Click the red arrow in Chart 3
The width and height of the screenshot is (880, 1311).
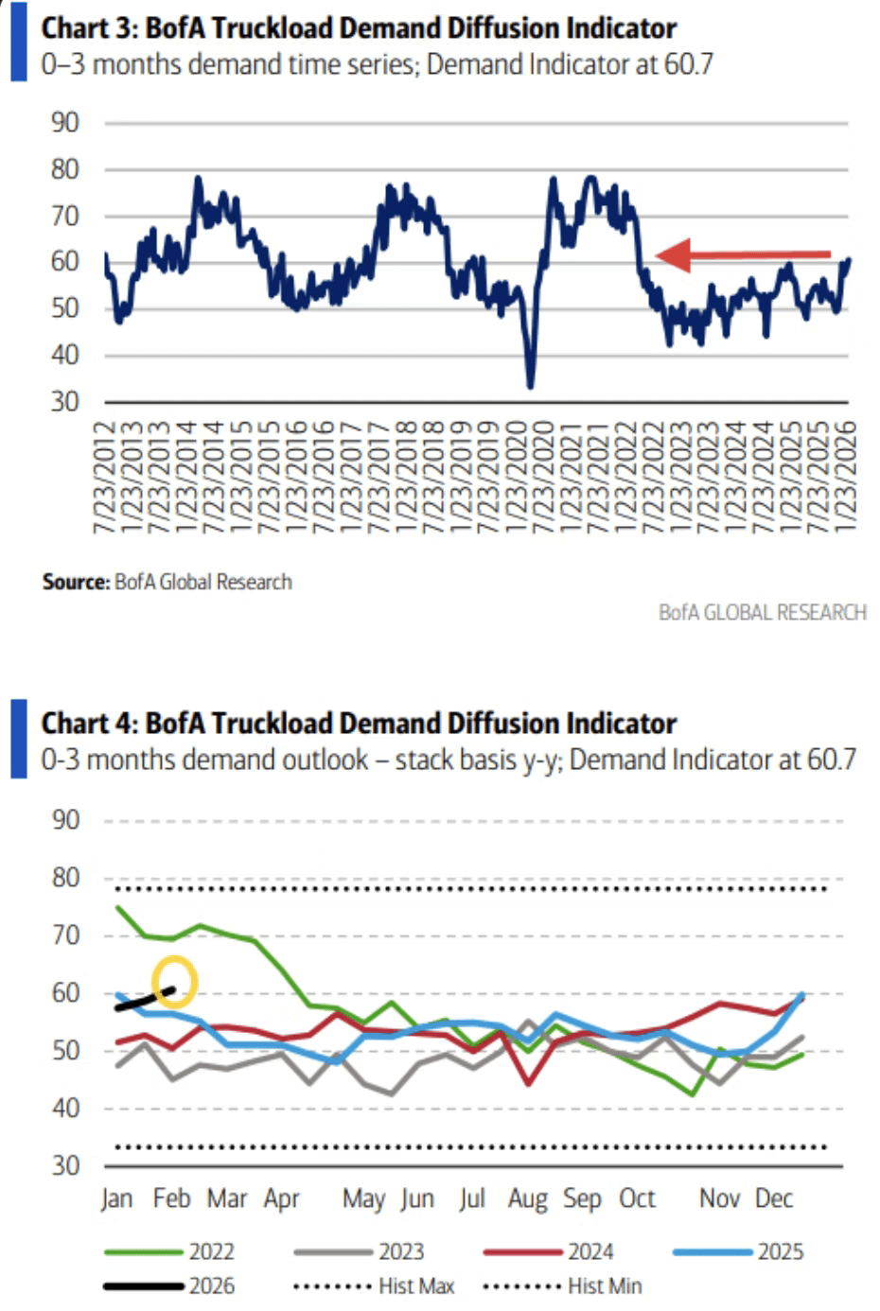pyautogui.click(x=744, y=254)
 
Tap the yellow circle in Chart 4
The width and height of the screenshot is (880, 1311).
pyautogui.click(x=174, y=982)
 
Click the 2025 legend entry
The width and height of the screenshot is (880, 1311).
pyautogui.click(x=738, y=1251)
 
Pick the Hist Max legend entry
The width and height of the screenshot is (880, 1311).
pyautogui.click(x=374, y=1286)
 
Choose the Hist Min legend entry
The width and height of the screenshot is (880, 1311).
pyautogui.click(x=562, y=1286)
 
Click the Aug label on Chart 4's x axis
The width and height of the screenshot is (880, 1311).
pyautogui.click(x=527, y=1199)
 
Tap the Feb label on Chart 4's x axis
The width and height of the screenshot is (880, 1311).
pyautogui.click(x=171, y=1199)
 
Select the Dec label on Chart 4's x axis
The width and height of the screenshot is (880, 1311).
pyautogui.click(x=773, y=1199)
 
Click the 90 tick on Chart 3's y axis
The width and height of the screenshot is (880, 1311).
pyautogui.click(x=65, y=123)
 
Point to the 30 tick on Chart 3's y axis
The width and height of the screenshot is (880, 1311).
pyautogui.click(x=65, y=402)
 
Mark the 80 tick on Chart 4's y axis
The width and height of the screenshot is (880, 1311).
pyautogui.click(x=65, y=878)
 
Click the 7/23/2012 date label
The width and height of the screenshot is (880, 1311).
pyautogui.click(x=103, y=478)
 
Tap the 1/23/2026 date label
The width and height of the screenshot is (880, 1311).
pyautogui.click(x=845, y=478)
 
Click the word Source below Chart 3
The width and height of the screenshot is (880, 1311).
pyautogui.click(x=76, y=582)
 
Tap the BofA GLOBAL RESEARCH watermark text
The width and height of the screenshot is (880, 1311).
pyautogui.click(x=762, y=612)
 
